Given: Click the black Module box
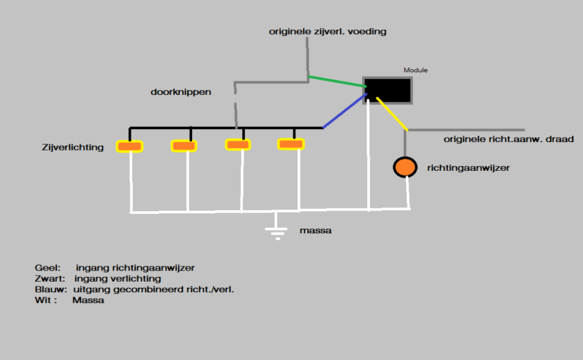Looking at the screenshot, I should (x=389, y=90).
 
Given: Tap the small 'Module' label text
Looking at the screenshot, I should (x=415, y=70).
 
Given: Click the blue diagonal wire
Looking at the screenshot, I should (x=343, y=112).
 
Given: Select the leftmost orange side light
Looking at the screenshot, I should (x=130, y=146).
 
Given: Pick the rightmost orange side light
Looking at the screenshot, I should (x=291, y=144).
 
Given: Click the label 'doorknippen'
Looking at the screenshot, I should (x=181, y=92).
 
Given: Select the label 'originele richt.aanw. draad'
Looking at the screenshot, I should (x=508, y=139).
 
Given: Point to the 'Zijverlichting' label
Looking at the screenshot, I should (x=74, y=147).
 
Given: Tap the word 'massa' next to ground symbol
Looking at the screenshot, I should (x=316, y=229).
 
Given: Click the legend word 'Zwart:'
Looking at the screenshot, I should (x=50, y=279).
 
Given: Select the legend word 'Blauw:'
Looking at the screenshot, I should (x=51, y=289).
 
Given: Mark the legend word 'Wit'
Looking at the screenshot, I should (x=43, y=300).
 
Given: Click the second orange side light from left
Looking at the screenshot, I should (x=184, y=145).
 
